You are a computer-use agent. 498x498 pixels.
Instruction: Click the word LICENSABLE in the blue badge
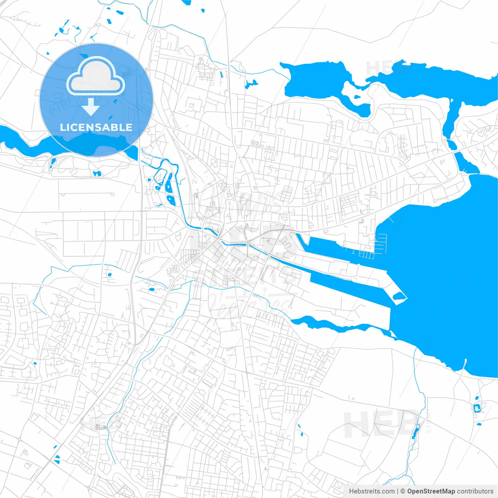coord(96,127)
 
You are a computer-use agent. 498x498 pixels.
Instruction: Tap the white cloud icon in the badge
coord(96,77)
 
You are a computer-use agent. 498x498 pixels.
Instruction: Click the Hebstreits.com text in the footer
coord(372,491)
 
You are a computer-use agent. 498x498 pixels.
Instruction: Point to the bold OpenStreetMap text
coord(431,491)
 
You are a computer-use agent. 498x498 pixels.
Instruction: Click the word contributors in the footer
coord(475,491)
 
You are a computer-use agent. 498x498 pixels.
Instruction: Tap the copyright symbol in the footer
coord(403,491)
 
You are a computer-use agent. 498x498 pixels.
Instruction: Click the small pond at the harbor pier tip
coord(398,297)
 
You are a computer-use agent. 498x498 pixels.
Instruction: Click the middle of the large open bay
coord(447,272)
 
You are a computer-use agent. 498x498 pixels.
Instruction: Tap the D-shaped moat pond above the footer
coord(477,407)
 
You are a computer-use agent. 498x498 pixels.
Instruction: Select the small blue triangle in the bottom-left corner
coord(57,459)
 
